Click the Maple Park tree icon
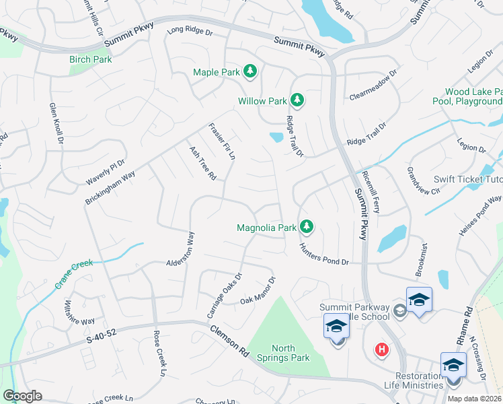pyautogui.click(x=250, y=71)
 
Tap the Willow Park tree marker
pyautogui.click(x=297, y=101)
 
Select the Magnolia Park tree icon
pyautogui.click(x=307, y=227)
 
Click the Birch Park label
pyautogui.click(x=90, y=59)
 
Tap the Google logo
pyautogui.click(x=22, y=396)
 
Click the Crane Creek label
pyautogui.click(x=73, y=275)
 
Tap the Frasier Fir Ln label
pyautogui.click(x=222, y=141)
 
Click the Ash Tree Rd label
pyautogui.click(x=202, y=164)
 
